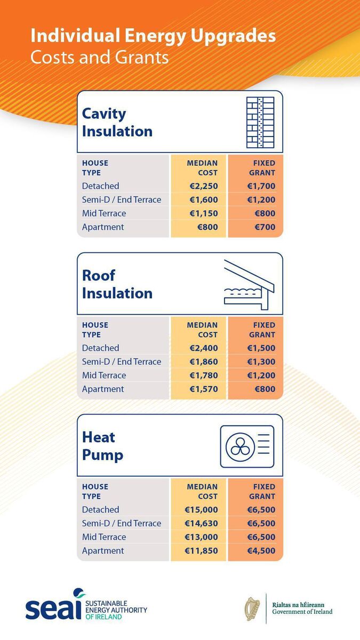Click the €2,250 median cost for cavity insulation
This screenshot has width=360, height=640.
click(204, 186)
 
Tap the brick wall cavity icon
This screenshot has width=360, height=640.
click(260, 122)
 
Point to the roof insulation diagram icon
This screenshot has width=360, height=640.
click(249, 284)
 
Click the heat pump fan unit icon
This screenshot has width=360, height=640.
click(247, 446)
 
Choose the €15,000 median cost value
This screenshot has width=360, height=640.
click(201, 510)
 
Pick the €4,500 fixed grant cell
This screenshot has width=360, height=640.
click(261, 551)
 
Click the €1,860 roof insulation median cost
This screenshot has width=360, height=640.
click(204, 362)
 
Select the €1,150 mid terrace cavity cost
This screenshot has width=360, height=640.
click(204, 213)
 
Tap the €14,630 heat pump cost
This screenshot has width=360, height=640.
click(201, 524)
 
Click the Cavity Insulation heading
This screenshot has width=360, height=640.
click(117, 122)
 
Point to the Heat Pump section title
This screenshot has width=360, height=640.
click(102, 446)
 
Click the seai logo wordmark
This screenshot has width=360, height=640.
click(53, 608)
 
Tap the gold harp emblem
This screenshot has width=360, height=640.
click(252, 609)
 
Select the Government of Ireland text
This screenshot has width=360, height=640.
click(302, 612)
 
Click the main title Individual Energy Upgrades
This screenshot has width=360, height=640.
click(153, 36)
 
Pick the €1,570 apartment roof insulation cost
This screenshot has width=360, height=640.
click(204, 389)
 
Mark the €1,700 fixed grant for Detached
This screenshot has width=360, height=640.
click(261, 186)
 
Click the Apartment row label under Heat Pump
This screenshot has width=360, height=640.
click(103, 551)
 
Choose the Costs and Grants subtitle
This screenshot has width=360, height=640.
click(99, 57)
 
